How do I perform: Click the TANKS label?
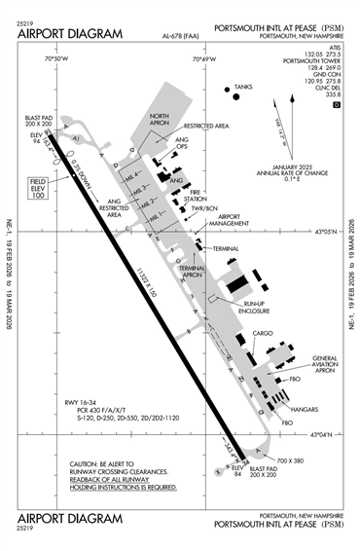[243, 87]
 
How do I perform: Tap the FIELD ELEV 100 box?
[37, 189]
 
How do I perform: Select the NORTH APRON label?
[159, 120]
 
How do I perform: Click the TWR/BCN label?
[202, 209]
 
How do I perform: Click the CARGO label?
[263, 334]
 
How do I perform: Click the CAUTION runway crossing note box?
[123, 475]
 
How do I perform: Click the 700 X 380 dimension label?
[290, 459]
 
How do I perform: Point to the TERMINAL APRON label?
[191, 274]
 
